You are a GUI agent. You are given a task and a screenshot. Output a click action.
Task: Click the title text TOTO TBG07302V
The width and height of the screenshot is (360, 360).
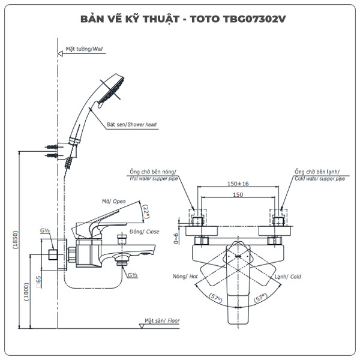point(236,19)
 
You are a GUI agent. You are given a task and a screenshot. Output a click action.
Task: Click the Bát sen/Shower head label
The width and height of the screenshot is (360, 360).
point(131,125)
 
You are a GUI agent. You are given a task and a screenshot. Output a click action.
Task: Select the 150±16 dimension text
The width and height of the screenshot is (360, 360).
point(238,185)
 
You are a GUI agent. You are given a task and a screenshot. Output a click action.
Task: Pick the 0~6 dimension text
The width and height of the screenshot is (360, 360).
point(176,238)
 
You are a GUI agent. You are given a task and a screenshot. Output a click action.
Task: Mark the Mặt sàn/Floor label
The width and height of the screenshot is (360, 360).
point(164,321)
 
